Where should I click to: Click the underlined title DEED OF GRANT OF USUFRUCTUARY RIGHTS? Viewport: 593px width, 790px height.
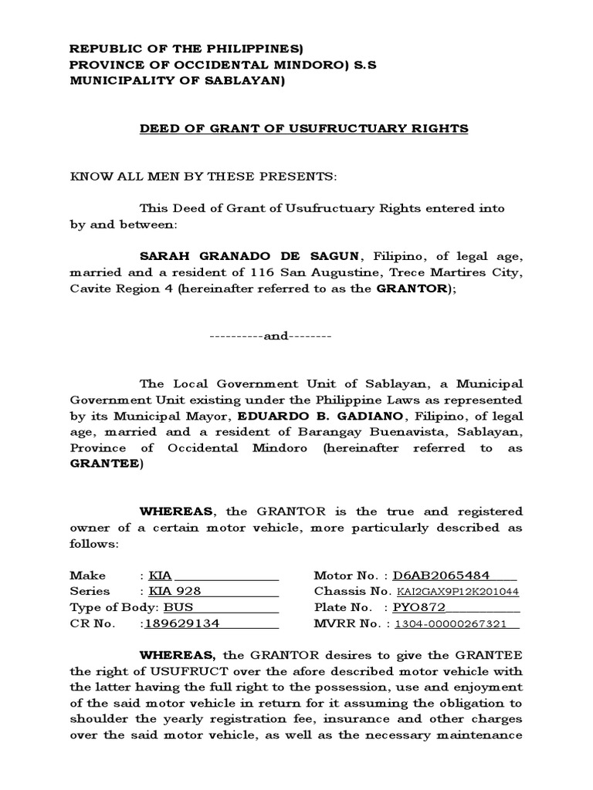[303, 129]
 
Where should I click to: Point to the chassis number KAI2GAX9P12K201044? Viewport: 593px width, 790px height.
[457, 592]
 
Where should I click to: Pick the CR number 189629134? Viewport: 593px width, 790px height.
[182, 624]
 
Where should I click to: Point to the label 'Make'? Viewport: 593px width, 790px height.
[87, 576]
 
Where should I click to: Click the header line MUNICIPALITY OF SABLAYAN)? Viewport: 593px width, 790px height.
[177, 81]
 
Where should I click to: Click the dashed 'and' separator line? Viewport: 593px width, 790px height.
[270, 337]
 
